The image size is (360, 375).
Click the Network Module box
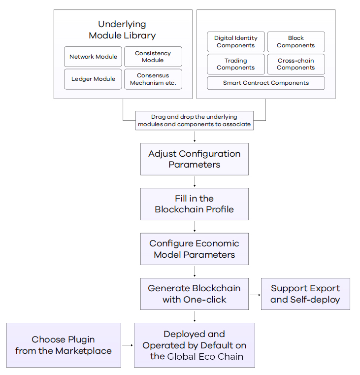coord(93,57)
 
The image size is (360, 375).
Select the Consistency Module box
coord(153,57)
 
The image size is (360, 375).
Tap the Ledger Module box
coord(93,79)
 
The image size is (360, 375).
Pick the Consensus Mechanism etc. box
coord(153,79)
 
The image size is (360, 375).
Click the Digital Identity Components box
coord(236,42)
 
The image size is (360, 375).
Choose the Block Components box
coord(296,42)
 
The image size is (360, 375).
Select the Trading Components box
coord(236,64)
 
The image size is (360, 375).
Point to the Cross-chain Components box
coord(296,64)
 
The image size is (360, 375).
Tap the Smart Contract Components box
coord(266,83)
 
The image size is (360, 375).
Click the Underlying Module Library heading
coord(122,30)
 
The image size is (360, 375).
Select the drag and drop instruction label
coord(195,121)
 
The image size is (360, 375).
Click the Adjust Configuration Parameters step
coord(195,159)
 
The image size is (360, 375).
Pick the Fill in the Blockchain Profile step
coord(195,204)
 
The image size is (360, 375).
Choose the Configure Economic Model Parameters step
coord(195,249)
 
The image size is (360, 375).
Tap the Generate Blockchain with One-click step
coord(195,294)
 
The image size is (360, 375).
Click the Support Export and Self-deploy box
coord(305,294)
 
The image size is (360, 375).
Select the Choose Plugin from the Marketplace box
coord(64,345)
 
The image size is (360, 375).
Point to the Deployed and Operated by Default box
coord(195,345)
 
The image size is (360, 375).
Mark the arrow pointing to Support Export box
coord(255,295)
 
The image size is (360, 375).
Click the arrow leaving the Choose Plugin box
coord(127,345)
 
